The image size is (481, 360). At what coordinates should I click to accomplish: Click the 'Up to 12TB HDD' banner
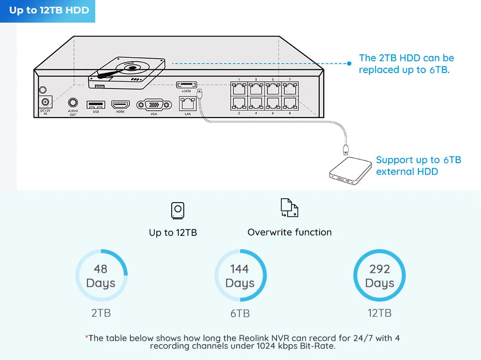(x=48, y=11)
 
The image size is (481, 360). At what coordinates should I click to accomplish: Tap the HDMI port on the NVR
(x=120, y=104)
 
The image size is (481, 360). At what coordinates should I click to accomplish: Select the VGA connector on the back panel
(x=154, y=105)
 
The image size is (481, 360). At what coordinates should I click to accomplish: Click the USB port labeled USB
(x=96, y=104)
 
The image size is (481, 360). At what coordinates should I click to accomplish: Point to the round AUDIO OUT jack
(x=73, y=103)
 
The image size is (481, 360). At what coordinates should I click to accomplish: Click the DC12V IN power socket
(x=46, y=102)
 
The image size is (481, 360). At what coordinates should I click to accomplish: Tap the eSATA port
(x=186, y=85)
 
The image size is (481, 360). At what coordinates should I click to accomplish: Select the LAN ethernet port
(x=188, y=103)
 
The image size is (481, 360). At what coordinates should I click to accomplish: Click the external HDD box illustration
(x=351, y=171)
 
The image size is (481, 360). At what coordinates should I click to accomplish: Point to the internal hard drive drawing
(x=127, y=72)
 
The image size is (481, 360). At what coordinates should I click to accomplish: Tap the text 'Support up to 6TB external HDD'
(x=418, y=166)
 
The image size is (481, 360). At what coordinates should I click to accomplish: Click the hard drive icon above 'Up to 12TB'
(x=177, y=210)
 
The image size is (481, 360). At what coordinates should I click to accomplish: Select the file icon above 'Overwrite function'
(x=289, y=208)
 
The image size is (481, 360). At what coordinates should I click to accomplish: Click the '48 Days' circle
(x=101, y=276)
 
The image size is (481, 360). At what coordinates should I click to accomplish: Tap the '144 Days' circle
(x=240, y=276)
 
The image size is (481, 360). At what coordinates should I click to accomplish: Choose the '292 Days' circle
(x=379, y=276)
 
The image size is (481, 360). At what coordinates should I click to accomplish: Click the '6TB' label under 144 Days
(x=240, y=313)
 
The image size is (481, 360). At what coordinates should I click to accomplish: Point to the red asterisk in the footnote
(x=87, y=337)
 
